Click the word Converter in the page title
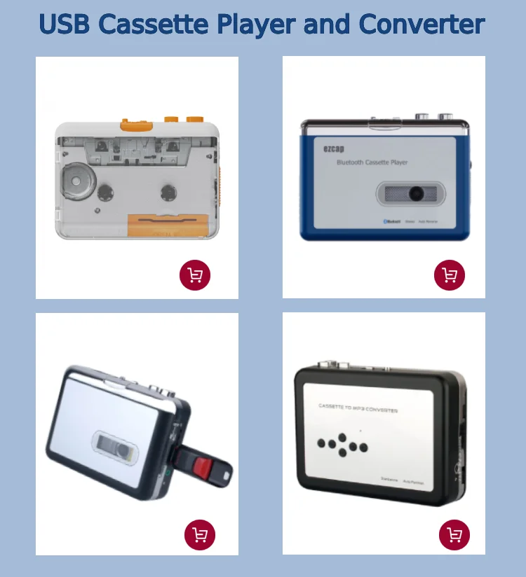[422, 25]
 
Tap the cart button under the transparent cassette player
[195, 275]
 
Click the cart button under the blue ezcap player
[450, 275]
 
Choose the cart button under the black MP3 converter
[454, 536]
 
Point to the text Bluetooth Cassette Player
[372, 162]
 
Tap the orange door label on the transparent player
[167, 225]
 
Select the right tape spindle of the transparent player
[168, 190]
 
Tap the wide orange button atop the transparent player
[137, 125]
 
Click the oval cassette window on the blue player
[411, 193]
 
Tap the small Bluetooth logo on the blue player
[386, 221]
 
